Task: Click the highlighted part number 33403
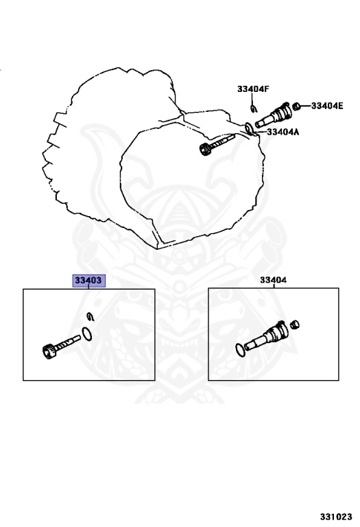coord(89,280)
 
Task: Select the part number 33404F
coord(253,89)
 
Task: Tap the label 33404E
coord(327,106)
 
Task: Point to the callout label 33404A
coord(283,132)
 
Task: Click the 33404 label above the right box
coord(274,280)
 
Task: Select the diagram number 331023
coord(336,517)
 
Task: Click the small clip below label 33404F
coord(254,108)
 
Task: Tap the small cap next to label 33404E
coord(296,106)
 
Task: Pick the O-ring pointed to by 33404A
coord(249,128)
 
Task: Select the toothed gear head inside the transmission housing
coord(204,149)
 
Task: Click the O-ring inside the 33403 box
coord(86,333)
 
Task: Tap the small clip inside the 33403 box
coord(91,316)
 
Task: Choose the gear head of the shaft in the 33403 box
coord(49,351)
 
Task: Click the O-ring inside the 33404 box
coord(240,350)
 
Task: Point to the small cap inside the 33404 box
coord(295,325)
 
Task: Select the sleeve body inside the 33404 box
coord(266,335)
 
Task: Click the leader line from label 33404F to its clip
coord(252,99)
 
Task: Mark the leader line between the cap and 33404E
coord(305,106)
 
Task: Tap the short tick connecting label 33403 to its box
coord(88,287)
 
